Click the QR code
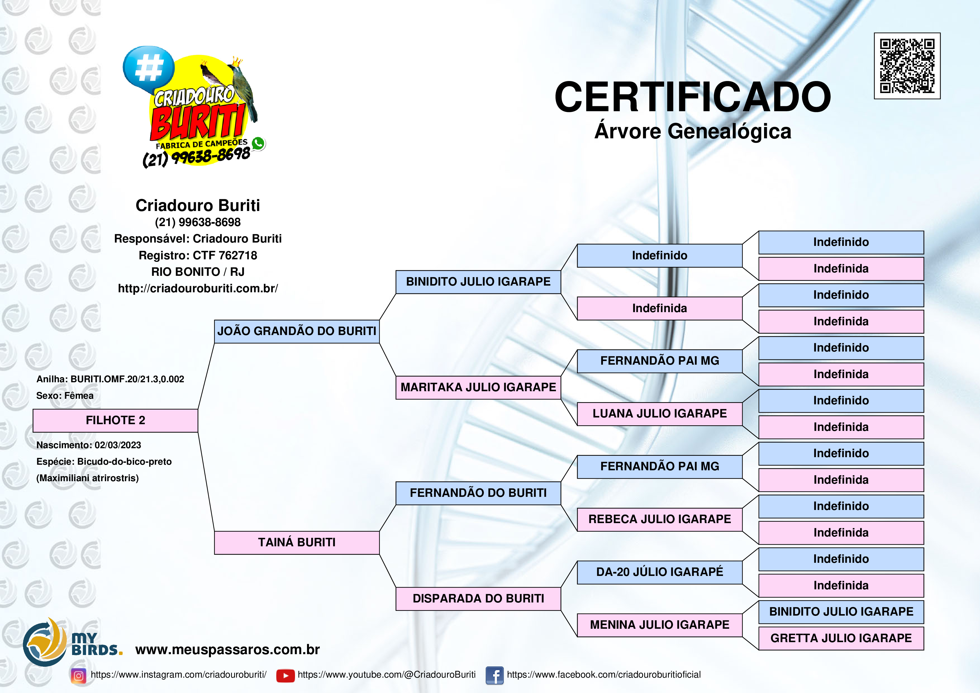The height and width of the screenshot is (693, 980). coord(907,66)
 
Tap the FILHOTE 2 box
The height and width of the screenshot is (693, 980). coord(115,421)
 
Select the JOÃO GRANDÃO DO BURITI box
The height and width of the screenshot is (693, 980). coord(297,331)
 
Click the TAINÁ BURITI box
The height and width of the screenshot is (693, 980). coord(297,543)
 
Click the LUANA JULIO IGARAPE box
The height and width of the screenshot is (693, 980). coord(660,414)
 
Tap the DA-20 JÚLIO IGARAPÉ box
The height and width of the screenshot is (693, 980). coord(660,572)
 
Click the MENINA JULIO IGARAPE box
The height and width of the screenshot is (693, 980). coord(660,625)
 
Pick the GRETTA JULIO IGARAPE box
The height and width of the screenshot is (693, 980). coord(841,638)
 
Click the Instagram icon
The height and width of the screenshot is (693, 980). coord(79,675)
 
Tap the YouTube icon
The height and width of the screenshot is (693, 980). coord(286,675)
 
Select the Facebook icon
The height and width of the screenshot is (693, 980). coord(495,675)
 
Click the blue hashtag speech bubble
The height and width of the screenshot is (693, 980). coord(149,68)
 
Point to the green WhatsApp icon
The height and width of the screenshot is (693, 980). coord(258,143)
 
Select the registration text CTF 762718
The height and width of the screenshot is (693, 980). coord(225,255)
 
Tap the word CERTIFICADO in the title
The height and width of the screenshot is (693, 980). coord(693,97)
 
